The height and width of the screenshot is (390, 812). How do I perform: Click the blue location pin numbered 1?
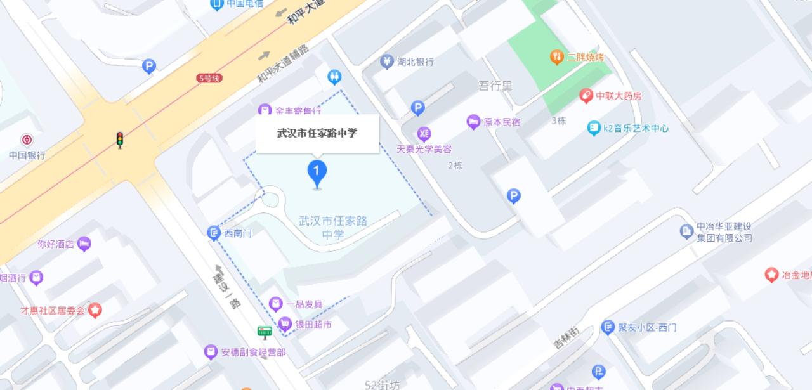[317, 172]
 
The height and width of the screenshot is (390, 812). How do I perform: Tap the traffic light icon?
[119, 140]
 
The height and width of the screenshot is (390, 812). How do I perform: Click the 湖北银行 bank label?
[415, 62]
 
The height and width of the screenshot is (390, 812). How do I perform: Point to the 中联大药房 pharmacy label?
[619, 96]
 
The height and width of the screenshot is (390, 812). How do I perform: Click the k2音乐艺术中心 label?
[635, 128]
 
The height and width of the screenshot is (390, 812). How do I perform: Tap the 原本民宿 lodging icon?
[473, 122]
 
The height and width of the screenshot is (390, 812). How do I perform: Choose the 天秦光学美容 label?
[424, 150]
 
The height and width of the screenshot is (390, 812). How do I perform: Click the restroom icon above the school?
[335, 77]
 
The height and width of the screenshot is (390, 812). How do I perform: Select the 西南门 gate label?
[238, 233]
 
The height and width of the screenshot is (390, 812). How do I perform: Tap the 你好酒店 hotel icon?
[84, 244]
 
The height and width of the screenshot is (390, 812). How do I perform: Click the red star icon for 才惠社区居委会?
[95, 311]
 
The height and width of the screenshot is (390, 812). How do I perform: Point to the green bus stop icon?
[265, 332]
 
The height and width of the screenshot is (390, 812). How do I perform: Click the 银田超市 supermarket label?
[313, 325]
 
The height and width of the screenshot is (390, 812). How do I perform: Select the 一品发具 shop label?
[304, 304]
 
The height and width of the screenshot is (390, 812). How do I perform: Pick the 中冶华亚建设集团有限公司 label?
[724, 232]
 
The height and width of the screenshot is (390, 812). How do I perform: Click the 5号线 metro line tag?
[209, 78]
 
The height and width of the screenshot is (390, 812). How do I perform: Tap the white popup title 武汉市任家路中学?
[317, 133]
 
